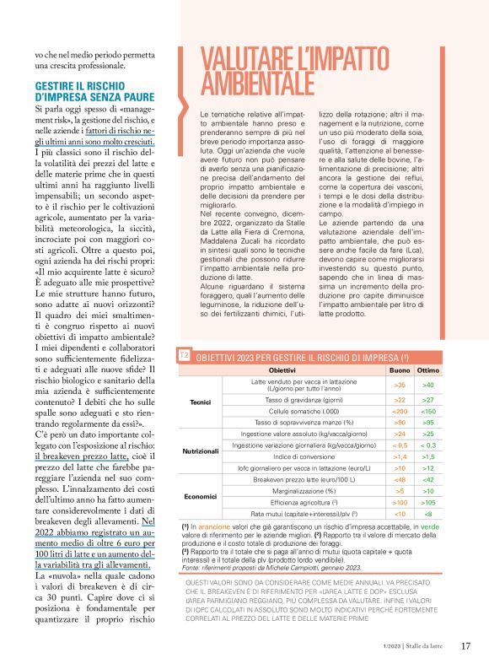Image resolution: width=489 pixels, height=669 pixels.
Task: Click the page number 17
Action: tap(465, 646)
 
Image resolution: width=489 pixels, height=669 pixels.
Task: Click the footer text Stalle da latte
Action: tap(425, 647)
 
